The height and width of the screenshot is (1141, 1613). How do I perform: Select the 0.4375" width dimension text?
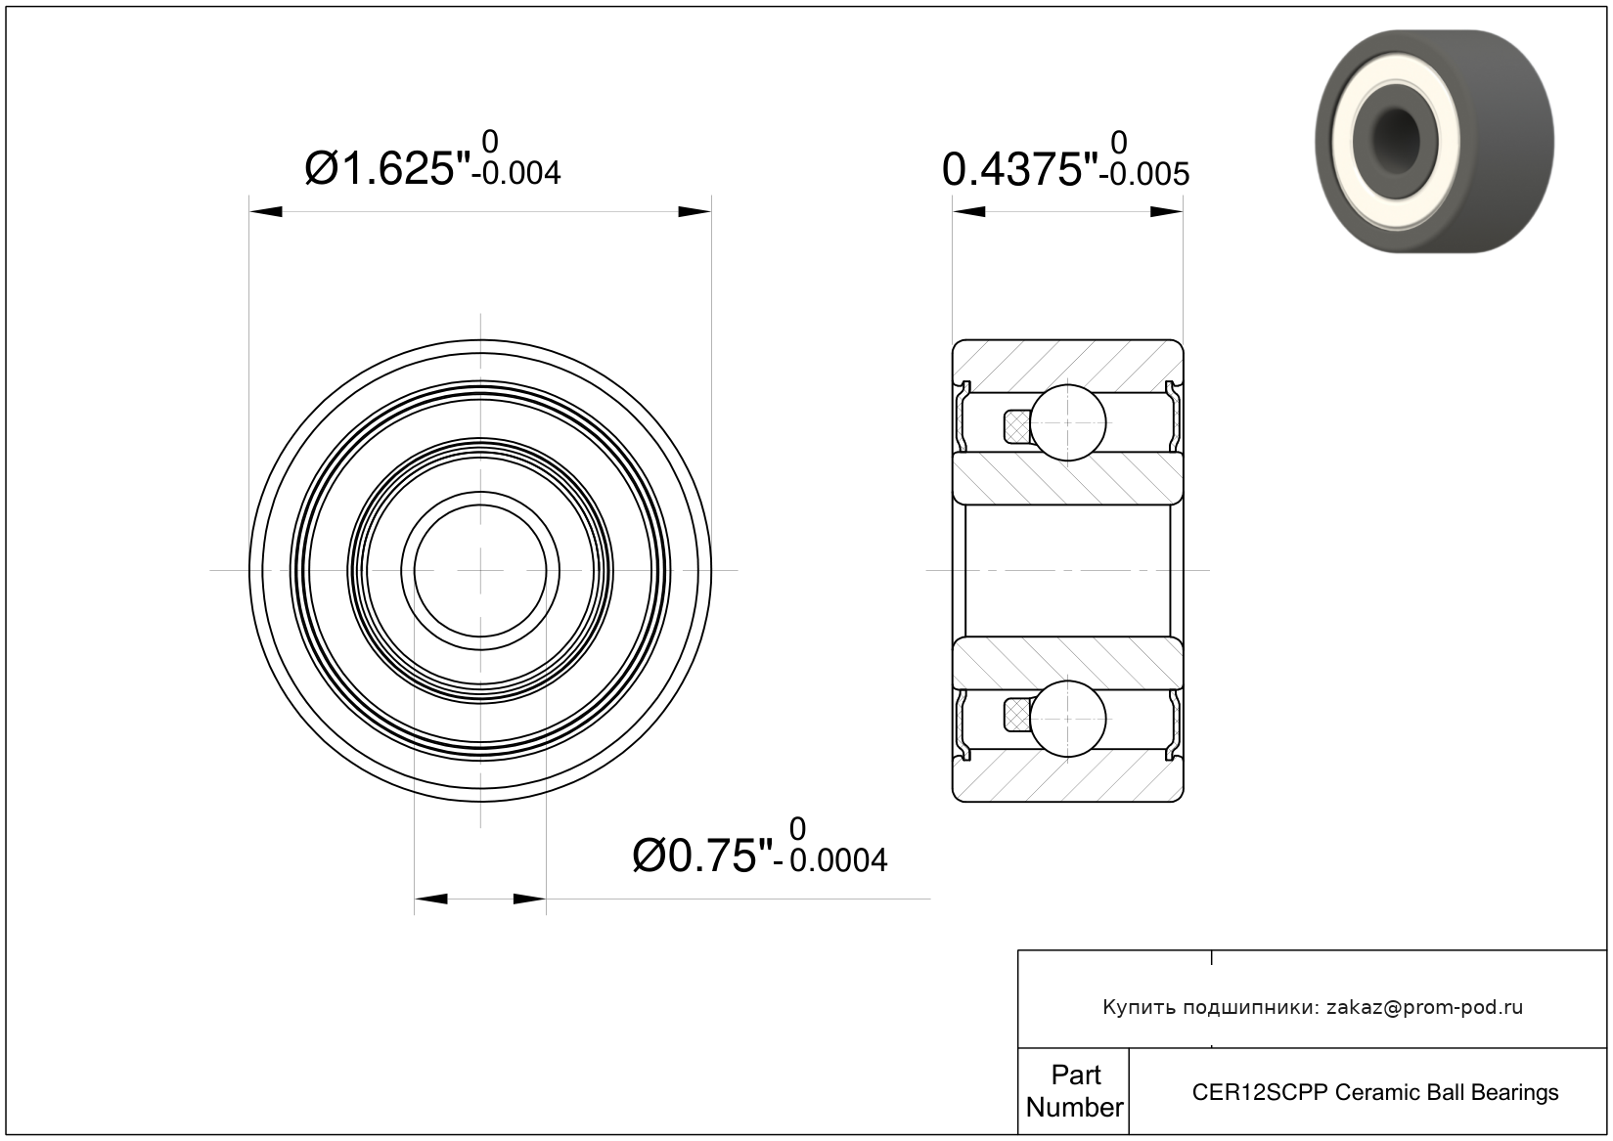(1019, 170)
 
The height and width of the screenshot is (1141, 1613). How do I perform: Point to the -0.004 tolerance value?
(515, 173)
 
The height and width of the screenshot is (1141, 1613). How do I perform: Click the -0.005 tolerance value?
(1144, 174)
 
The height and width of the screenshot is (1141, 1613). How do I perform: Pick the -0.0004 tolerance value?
(829, 861)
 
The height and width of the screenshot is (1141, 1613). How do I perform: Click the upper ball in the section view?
(1068, 422)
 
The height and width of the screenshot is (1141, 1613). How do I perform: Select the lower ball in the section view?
(1068, 719)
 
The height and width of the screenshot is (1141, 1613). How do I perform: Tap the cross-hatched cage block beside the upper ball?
(1017, 426)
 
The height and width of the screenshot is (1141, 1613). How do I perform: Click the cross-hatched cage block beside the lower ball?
(1017, 717)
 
